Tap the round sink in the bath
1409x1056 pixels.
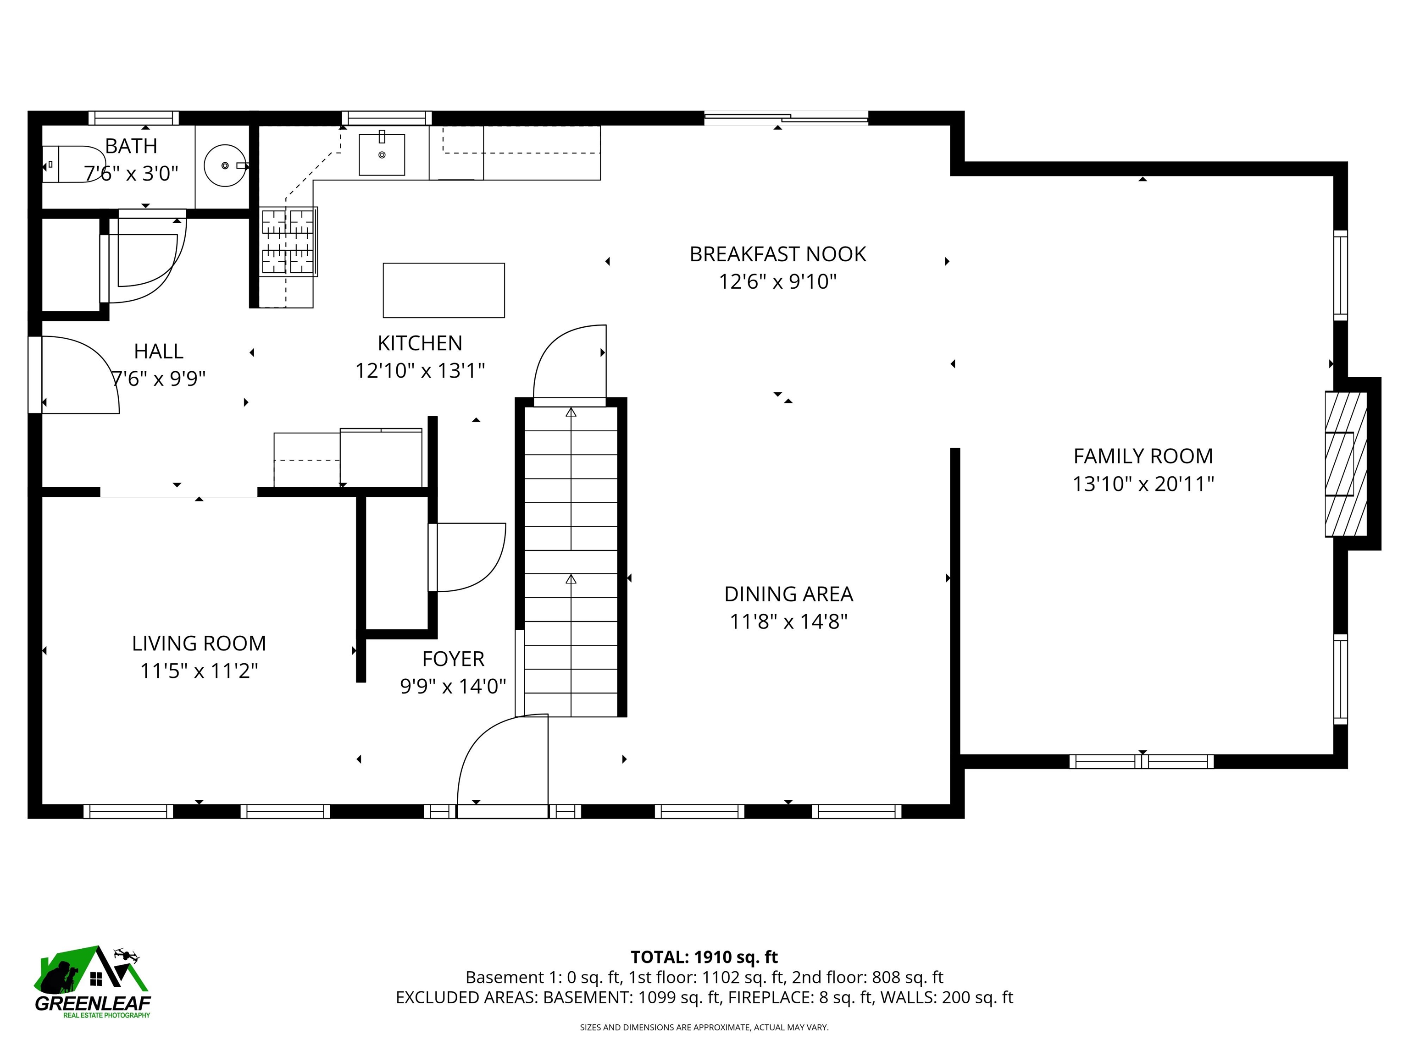[225, 165]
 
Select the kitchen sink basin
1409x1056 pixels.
[382, 154]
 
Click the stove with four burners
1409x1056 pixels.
[288, 242]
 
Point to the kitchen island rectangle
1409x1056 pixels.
[444, 290]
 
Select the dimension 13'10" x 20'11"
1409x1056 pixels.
[1143, 484]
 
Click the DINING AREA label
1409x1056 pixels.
[788, 594]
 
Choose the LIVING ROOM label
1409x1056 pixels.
[199, 643]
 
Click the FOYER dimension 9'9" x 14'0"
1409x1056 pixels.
[453, 686]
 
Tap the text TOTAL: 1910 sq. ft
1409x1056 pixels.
[704, 957]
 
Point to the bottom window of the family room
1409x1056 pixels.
[1142, 761]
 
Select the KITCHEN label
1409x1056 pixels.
[420, 343]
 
